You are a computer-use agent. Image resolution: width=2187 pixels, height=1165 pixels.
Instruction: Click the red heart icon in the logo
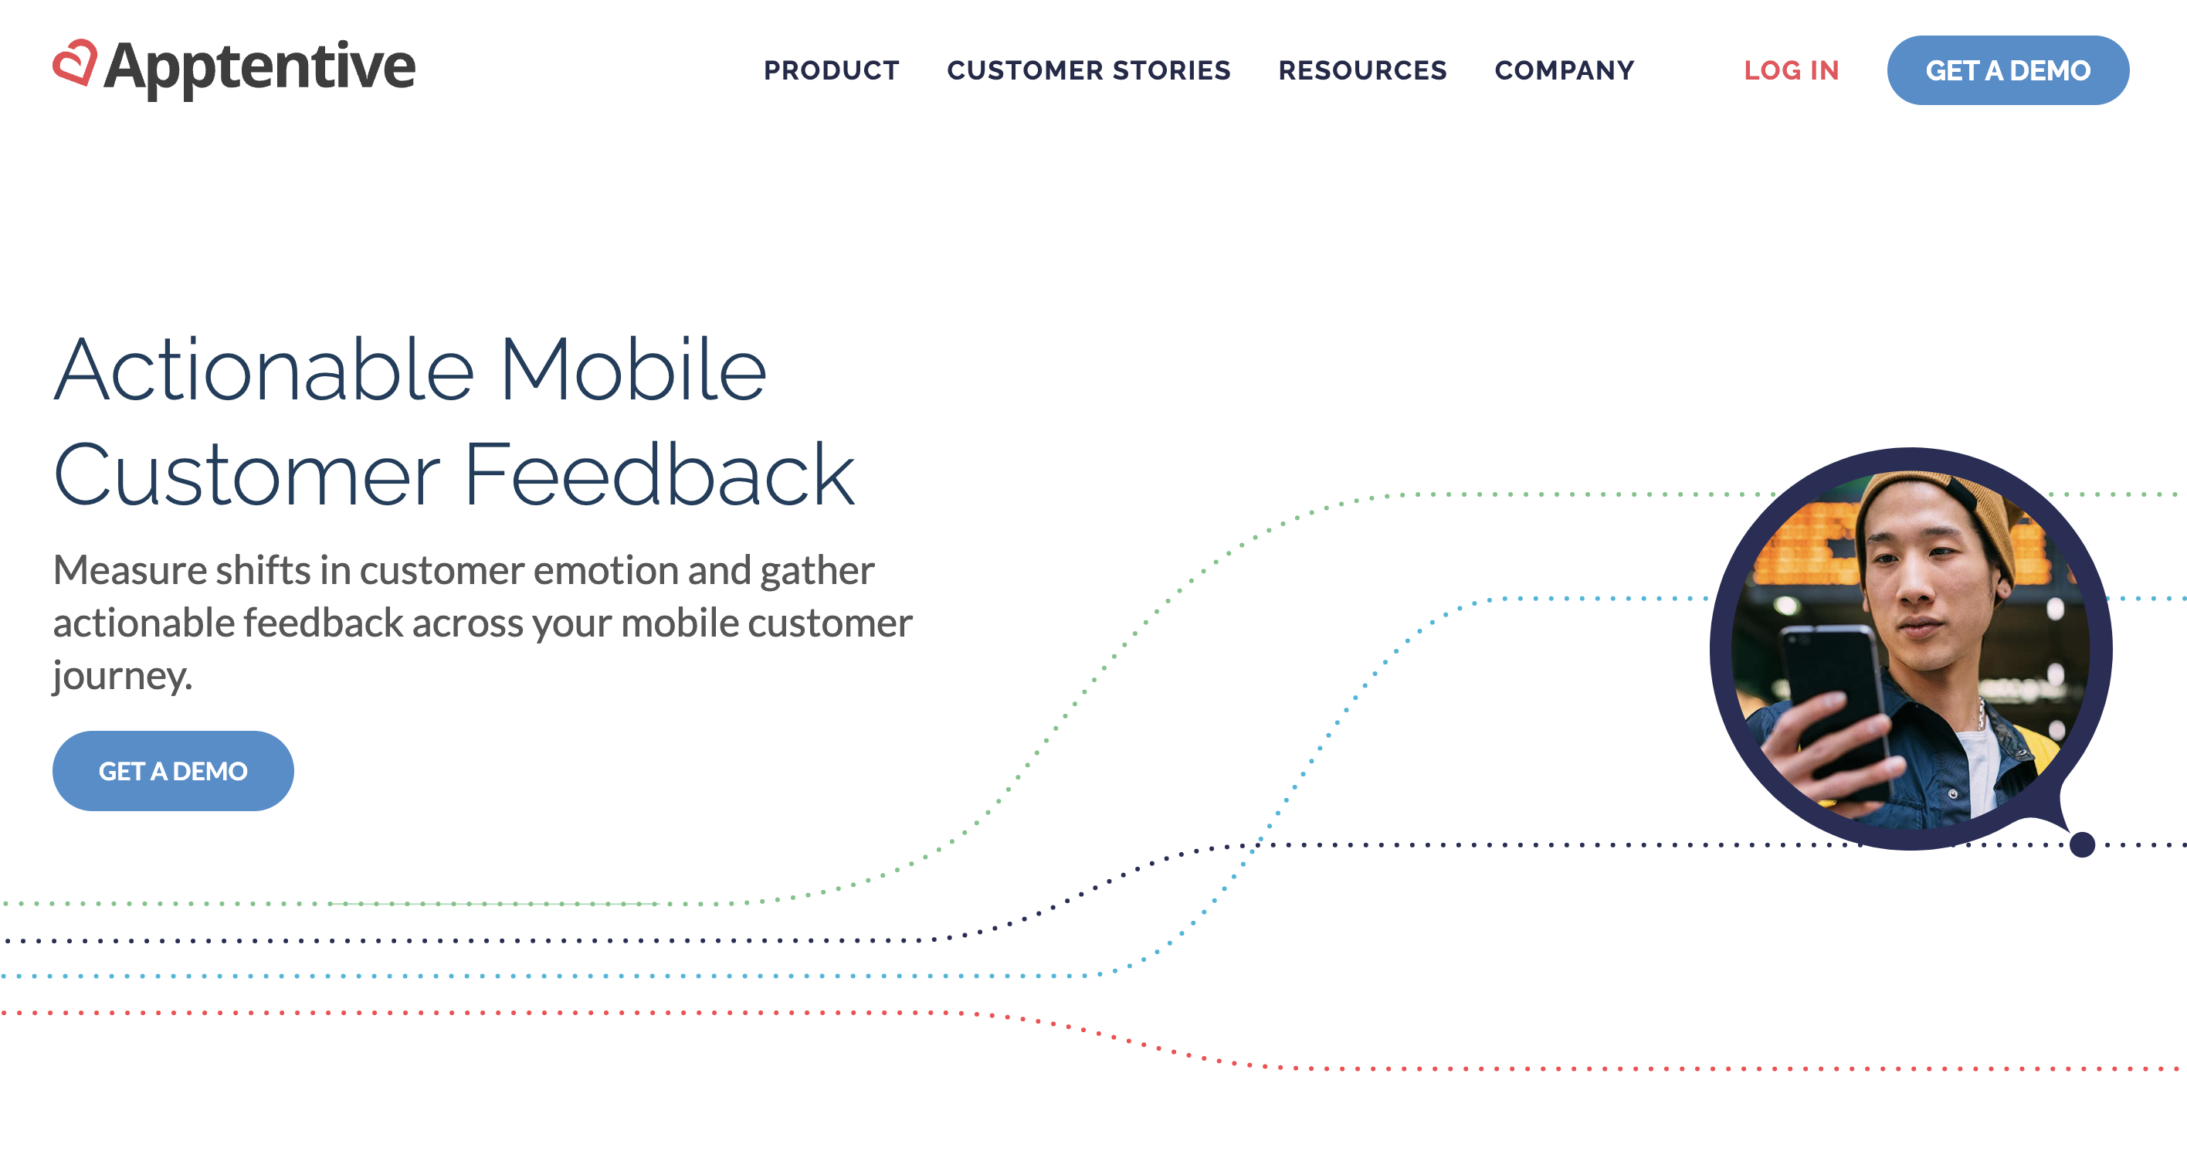75,63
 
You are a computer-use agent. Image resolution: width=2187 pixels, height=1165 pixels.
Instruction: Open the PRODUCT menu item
831,70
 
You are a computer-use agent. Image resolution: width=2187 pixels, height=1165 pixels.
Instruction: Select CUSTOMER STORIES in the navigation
1088,70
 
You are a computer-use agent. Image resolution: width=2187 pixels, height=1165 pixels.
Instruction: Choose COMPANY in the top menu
1565,70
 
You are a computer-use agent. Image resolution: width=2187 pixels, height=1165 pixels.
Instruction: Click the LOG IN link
1792,70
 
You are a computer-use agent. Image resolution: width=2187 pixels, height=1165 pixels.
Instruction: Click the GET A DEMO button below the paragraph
173,771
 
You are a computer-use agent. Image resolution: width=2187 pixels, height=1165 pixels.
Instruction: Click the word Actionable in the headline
264,370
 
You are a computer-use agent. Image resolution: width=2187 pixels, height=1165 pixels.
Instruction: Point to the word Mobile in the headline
633,370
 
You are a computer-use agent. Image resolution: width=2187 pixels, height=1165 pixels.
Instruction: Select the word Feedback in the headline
659,476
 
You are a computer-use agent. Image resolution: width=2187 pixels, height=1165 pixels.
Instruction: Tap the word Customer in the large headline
247,476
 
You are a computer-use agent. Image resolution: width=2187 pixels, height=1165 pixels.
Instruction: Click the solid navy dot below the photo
2082,845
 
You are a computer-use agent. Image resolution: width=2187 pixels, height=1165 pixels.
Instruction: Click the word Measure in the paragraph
130,571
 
